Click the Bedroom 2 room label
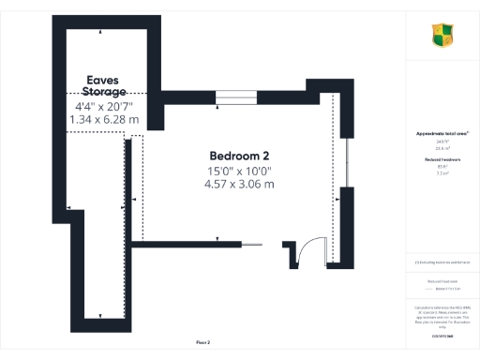239,155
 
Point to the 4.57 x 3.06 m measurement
239,184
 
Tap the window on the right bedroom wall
346,164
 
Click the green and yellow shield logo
442,37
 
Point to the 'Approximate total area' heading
442,134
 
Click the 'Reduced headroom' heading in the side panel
442,160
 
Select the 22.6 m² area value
442,147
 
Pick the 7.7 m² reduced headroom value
442,173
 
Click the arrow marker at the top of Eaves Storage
99,31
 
